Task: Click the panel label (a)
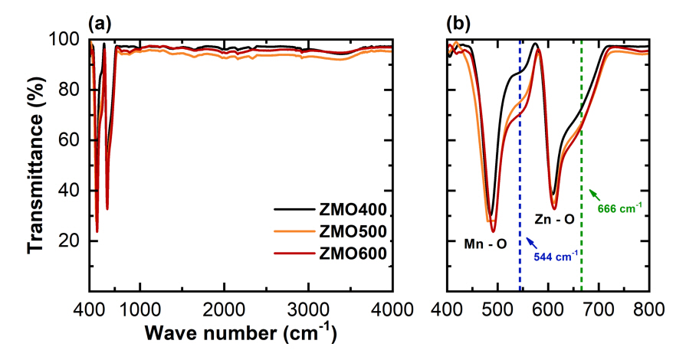click(x=100, y=23)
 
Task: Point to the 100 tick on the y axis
click(x=67, y=39)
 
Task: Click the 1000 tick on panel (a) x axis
click(x=139, y=308)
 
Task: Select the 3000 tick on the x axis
click(x=308, y=308)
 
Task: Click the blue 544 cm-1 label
click(x=558, y=255)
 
